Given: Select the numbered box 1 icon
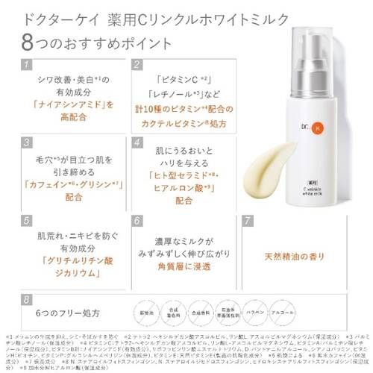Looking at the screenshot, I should tap(26, 66).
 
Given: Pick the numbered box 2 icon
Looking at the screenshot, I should tap(137, 66).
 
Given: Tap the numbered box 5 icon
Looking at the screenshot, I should tap(26, 221).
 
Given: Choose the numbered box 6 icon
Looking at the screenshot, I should tap(137, 221).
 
